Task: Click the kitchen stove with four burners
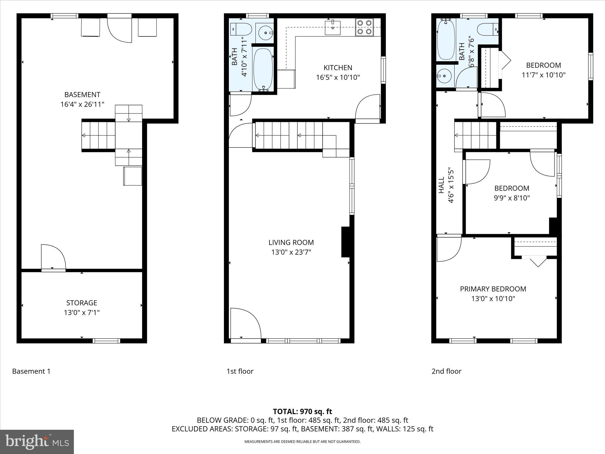[x=365, y=27]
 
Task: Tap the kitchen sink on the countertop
[x=333, y=27]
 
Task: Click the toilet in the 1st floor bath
[x=240, y=29]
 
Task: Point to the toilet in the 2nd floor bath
[x=487, y=29]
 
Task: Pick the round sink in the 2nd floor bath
[x=444, y=76]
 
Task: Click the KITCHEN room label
[x=338, y=68]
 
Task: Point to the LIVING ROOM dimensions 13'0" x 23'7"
[x=291, y=252]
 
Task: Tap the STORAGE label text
[x=82, y=303]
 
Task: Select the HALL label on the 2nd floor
[x=441, y=185]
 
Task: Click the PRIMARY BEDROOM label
[x=493, y=289]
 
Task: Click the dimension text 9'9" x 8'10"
[x=512, y=198]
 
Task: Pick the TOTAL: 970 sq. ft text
[x=302, y=411]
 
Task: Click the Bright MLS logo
[x=37, y=442]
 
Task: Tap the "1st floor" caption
[x=240, y=371]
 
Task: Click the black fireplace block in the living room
[x=345, y=242]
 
